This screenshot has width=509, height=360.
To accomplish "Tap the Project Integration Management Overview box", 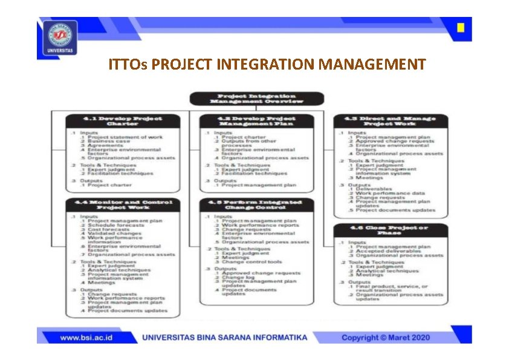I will pyautogui.click(x=257, y=99).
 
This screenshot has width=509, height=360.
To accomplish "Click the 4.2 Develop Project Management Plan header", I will pyautogui.click(x=256, y=121).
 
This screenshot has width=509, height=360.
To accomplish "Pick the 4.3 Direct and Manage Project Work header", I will pyautogui.click(x=391, y=121).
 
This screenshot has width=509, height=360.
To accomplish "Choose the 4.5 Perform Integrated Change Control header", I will pyautogui.click(x=256, y=205).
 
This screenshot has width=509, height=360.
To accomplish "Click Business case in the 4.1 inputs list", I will pyautogui.click(x=109, y=142).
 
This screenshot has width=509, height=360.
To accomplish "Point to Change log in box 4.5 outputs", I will pyautogui.click(x=236, y=277).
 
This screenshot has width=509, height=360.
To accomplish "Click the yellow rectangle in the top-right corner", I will pyautogui.click(x=461, y=28).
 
